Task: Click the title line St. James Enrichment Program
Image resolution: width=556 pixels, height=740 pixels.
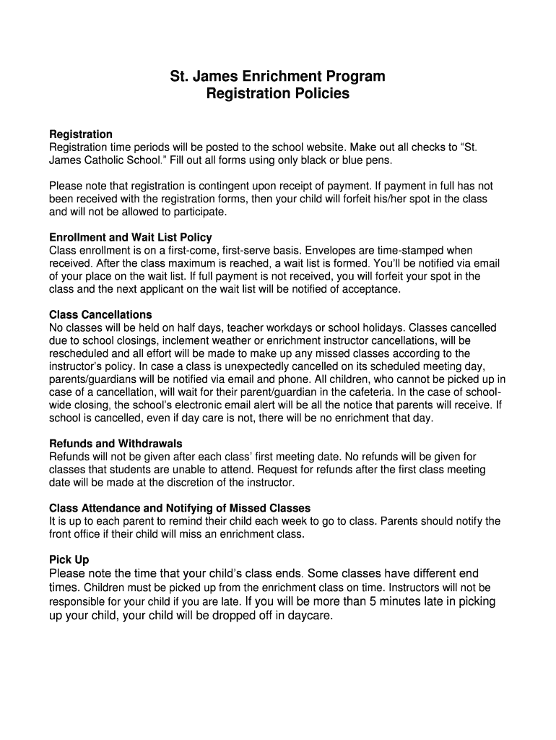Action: coord(277,76)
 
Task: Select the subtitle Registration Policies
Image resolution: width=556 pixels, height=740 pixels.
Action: coord(277,94)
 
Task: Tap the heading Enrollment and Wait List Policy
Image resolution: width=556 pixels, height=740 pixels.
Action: coord(131,238)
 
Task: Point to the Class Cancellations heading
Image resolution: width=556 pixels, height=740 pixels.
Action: coord(100,314)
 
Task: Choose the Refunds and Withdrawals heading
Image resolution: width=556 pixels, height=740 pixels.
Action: coord(116,443)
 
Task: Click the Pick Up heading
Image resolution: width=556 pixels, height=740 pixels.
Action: coord(69,559)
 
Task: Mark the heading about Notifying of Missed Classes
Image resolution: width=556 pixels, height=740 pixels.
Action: coord(180,508)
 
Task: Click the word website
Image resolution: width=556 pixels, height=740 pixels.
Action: coord(321,147)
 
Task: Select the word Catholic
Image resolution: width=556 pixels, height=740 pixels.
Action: coord(105,160)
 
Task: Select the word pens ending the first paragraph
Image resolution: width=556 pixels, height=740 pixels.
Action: coord(378,160)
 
